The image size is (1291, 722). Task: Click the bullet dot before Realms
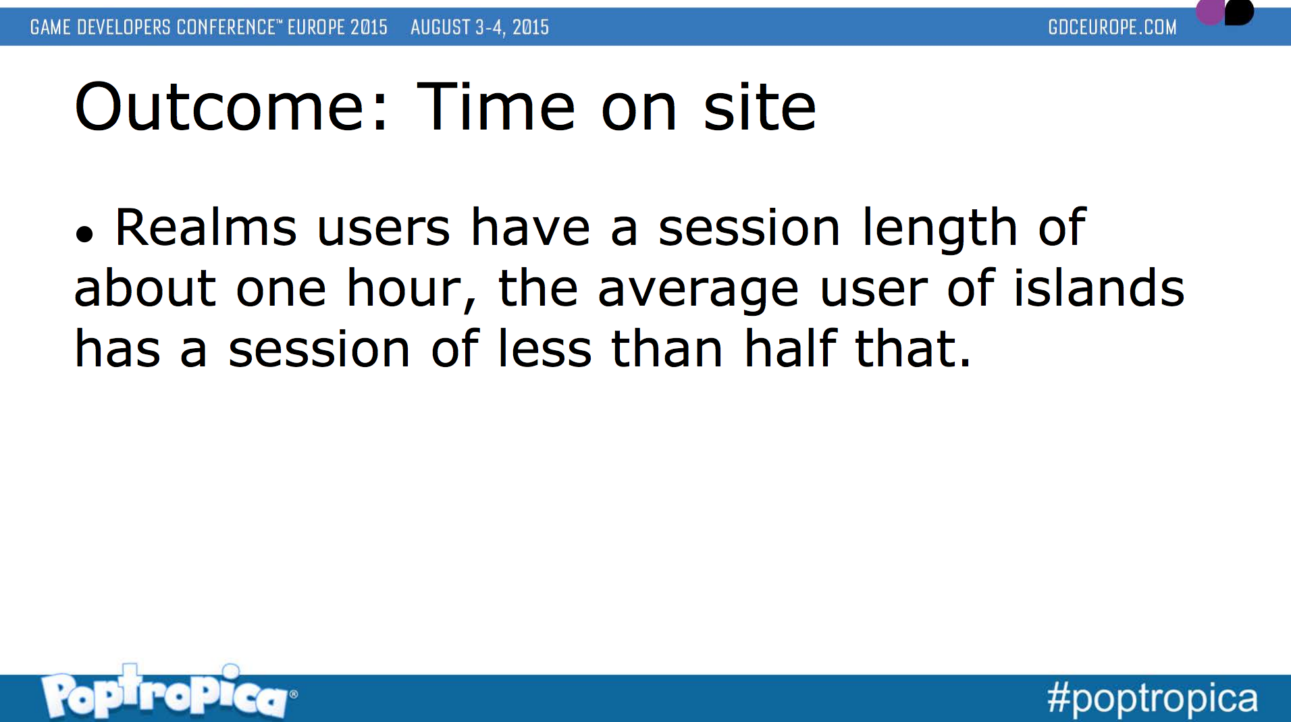84,234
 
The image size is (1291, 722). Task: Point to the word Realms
206,227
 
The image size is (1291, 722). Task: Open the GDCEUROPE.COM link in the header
1112,27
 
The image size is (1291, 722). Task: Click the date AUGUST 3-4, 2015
479,27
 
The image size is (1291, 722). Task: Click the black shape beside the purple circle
1240,11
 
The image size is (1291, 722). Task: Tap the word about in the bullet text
145,287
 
